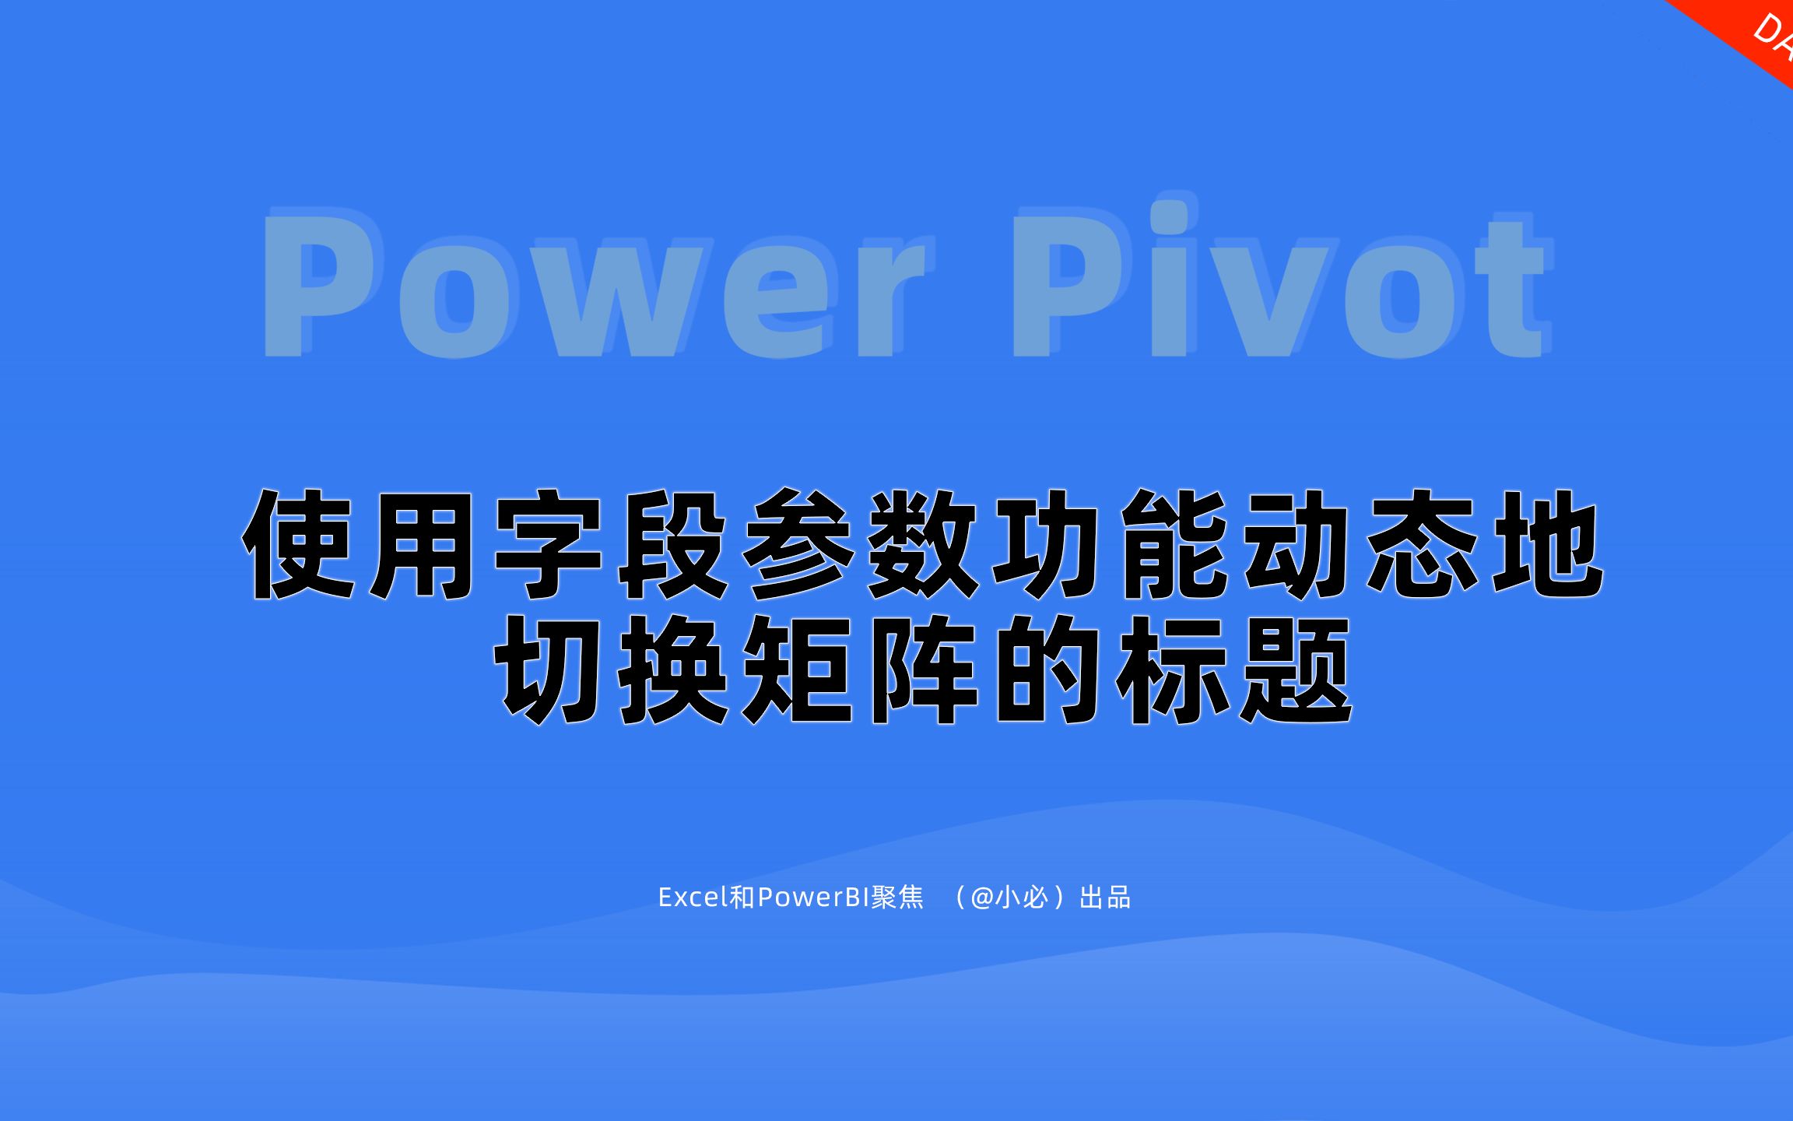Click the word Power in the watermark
591,284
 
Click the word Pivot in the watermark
1276,280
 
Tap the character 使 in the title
300,544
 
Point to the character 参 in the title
798,544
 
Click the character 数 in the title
923,544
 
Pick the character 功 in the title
1047,544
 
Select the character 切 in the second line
548,669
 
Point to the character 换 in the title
673,669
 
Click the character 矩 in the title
798,669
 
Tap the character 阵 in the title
923,669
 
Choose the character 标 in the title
1172,669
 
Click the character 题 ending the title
1296,669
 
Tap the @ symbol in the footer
982,898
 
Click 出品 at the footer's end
1105,898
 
